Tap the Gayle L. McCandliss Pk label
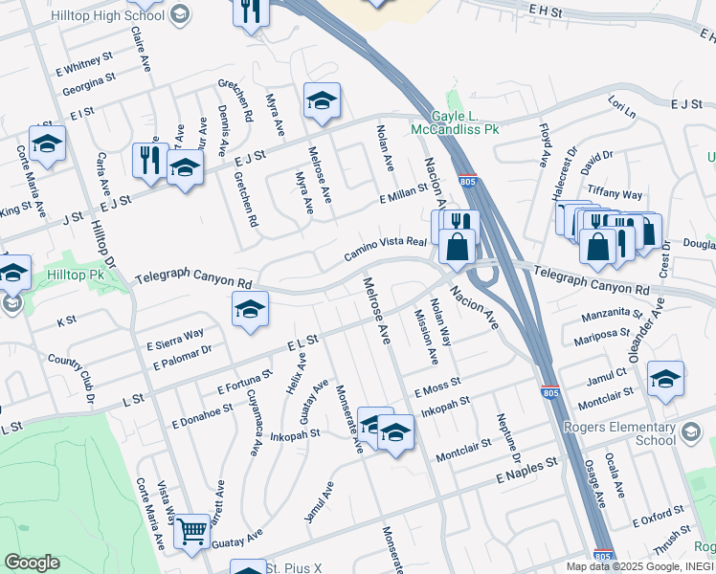(x=455, y=121)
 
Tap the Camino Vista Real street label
(x=385, y=248)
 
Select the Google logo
(x=32, y=563)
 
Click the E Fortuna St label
(x=246, y=382)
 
